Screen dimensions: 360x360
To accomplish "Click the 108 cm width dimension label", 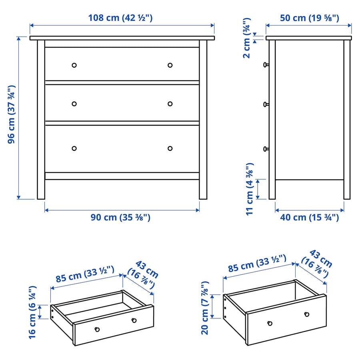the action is click(x=120, y=18).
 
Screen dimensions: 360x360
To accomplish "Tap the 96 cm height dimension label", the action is click(x=12, y=114).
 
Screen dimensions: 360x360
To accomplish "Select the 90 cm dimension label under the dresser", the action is click(x=120, y=217).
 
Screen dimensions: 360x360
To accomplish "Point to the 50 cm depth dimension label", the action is click(x=309, y=18).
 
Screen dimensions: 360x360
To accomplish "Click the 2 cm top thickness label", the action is click(x=247, y=38).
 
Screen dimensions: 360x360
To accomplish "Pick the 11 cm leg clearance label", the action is click(x=250, y=189).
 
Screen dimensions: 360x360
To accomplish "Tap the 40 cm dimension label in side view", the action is click(x=309, y=217).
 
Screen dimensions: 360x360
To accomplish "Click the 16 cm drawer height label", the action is click(x=33, y=312).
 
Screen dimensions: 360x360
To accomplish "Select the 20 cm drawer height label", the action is click(x=205, y=308).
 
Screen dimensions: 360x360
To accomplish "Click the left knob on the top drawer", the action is click(x=74, y=65).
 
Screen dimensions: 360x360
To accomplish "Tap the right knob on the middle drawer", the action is click(x=170, y=104).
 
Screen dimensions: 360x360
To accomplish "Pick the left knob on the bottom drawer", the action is click(x=74, y=148).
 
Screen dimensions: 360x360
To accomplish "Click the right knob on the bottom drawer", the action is click(x=170, y=148).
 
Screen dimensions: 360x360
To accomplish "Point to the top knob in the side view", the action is click(x=266, y=65).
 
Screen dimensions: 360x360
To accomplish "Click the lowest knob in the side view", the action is click(x=266, y=149).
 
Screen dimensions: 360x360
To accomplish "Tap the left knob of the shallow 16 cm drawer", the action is click(x=97, y=330).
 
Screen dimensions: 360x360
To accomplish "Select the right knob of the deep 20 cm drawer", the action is click(x=307, y=314).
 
